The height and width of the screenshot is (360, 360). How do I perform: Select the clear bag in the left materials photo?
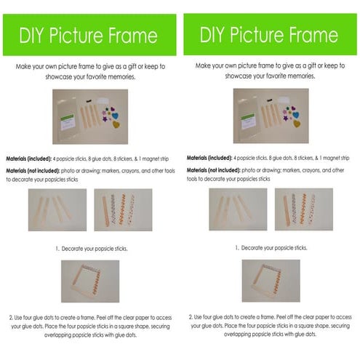click(70, 117)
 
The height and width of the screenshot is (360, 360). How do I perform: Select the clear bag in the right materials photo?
click(250, 116)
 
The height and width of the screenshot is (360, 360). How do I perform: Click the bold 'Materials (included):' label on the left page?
click(31, 158)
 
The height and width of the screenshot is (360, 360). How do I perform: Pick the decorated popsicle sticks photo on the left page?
click(123, 210)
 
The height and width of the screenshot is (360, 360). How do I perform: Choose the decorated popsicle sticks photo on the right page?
click(303, 209)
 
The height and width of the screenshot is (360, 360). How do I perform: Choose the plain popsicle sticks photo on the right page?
click(237, 209)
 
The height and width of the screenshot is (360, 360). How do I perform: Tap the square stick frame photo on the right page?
click(270, 281)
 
